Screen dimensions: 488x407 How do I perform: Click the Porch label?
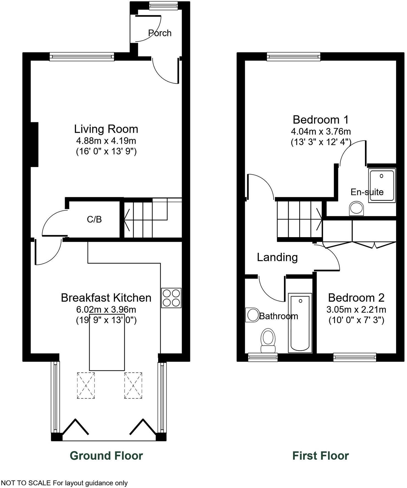coord(160,33)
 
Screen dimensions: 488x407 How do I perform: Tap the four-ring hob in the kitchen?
coord(171,298)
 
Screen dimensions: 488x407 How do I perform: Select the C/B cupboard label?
coord(94,219)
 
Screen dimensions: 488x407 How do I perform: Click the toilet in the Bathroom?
coord(268,341)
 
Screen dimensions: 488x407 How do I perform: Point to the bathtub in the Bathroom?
coord(300,323)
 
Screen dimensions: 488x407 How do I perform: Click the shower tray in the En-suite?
coord(382,185)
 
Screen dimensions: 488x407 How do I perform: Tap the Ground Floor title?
coord(106,456)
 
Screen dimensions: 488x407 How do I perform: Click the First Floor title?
coord(320,456)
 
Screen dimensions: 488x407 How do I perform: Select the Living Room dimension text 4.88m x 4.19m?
coord(106,141)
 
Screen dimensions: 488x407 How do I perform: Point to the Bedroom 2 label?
coord(356,298)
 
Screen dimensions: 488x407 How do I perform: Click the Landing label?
coord(277,257)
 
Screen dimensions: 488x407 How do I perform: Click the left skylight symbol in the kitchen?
coord(86,385)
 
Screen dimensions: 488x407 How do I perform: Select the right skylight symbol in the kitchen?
coord(133,385)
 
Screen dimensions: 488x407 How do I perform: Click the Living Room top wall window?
coord(82,57)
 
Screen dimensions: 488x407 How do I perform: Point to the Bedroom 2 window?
coord(355,357)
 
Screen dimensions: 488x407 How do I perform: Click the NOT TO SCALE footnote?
coord(64,483)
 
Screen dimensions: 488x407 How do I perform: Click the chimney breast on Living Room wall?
coord(34,145)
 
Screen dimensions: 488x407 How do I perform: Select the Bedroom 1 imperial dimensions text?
coord(321,142)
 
